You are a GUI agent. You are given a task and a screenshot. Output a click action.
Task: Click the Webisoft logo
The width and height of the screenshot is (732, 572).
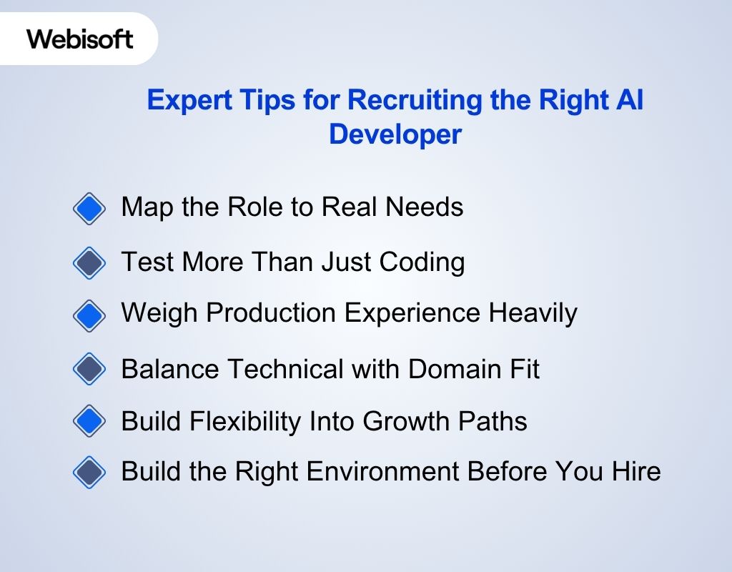click(80, 38)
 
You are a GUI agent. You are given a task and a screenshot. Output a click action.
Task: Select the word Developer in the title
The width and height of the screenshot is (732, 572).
click(395, 134)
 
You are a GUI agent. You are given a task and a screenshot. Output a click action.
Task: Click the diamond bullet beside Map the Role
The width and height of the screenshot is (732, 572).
click(89, 209)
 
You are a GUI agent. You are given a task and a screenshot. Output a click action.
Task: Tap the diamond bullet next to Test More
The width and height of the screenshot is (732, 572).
click(89, 262)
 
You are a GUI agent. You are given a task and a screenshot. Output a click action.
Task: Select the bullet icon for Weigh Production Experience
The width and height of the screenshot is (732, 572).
click(89, 315)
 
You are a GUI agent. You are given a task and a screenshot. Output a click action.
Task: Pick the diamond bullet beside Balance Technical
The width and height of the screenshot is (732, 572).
click(89, 369)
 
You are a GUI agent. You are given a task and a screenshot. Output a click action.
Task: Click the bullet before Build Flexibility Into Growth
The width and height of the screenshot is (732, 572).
click(89, 420)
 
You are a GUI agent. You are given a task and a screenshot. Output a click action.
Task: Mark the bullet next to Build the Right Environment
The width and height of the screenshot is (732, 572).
click(89, 472)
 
